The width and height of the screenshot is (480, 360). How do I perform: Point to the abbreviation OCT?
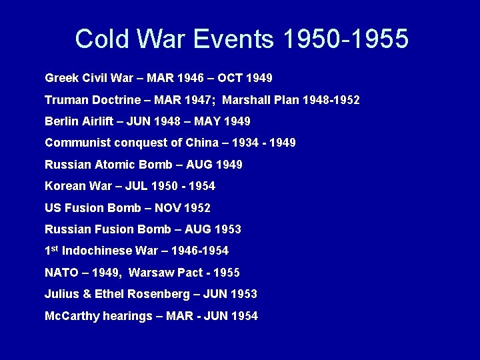tap(231, 78)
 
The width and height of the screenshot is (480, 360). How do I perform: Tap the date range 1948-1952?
tap(331, 100)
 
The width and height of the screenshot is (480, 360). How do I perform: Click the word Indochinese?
tap(97, 251)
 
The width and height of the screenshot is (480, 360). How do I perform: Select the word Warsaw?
tap(149, 272)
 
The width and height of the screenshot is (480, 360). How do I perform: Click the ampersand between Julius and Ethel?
tap(81, 294)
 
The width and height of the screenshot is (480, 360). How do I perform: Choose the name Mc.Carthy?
tap(72, 315)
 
